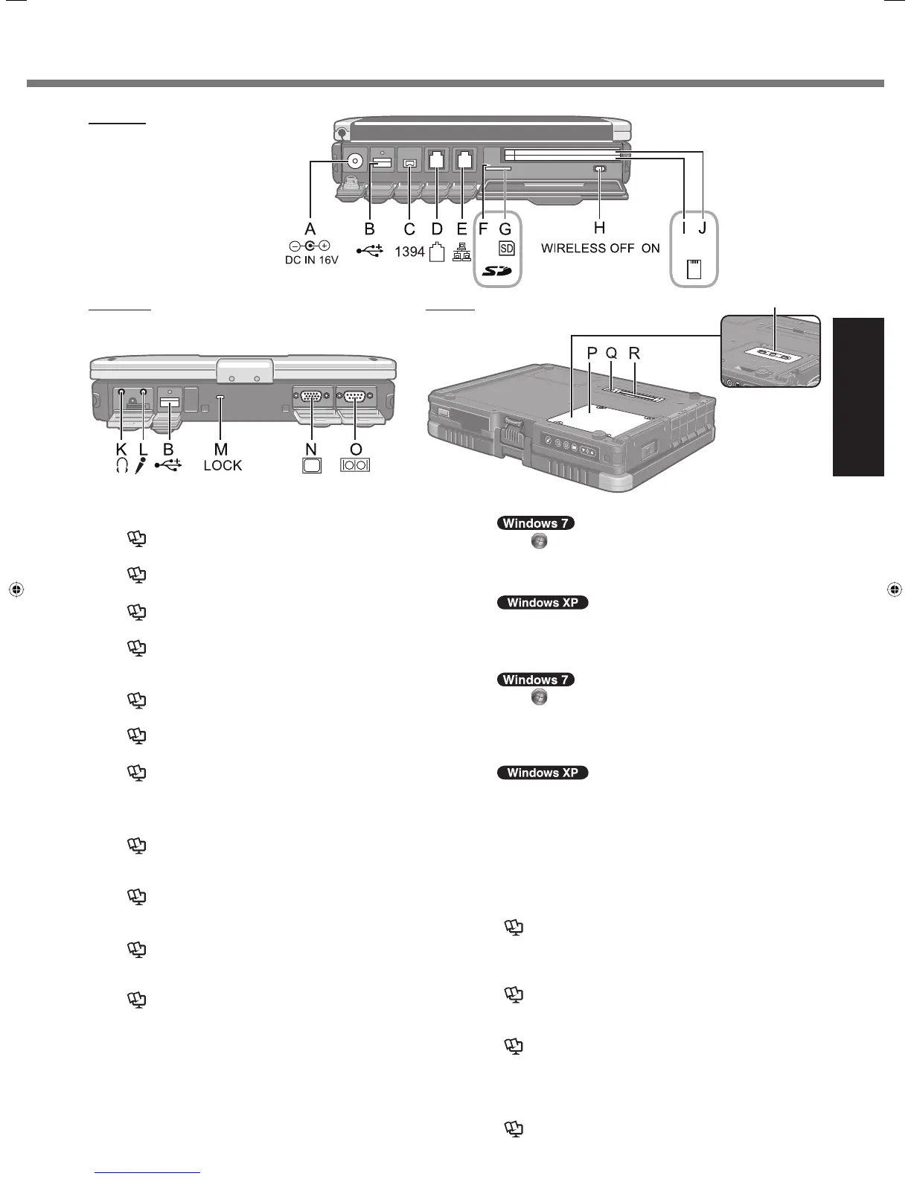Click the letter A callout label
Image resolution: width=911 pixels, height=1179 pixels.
click(310, 229)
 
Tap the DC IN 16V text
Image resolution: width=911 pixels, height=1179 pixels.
click(312, 260)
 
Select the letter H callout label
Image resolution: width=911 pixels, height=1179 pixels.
click(599, 229)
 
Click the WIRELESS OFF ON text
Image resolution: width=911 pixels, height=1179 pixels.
click(600, 248)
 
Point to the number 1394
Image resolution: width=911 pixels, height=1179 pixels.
click(409, 252)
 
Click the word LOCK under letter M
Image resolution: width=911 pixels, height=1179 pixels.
click(223, 466)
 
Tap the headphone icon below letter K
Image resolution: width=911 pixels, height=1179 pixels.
click(122, 466)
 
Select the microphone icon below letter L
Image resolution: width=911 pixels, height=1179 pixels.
click(142, 466)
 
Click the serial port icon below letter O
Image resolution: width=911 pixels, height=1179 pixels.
click(355, 465)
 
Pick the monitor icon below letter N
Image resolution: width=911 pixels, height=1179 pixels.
click(312, 465)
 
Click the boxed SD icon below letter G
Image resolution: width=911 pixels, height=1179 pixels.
click(506, 249)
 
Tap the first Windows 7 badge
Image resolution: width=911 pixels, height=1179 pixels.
click(536, 523)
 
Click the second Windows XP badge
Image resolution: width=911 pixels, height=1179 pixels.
click(543, 773)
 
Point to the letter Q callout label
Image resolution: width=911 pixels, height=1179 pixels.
click(611, 354)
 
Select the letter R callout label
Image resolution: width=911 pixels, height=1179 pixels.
click(634, 354)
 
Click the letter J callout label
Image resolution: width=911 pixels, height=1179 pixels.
click(703, 229)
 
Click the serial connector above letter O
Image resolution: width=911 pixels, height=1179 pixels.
click(355, 397)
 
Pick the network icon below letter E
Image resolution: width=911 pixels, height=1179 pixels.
click(461, 252)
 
